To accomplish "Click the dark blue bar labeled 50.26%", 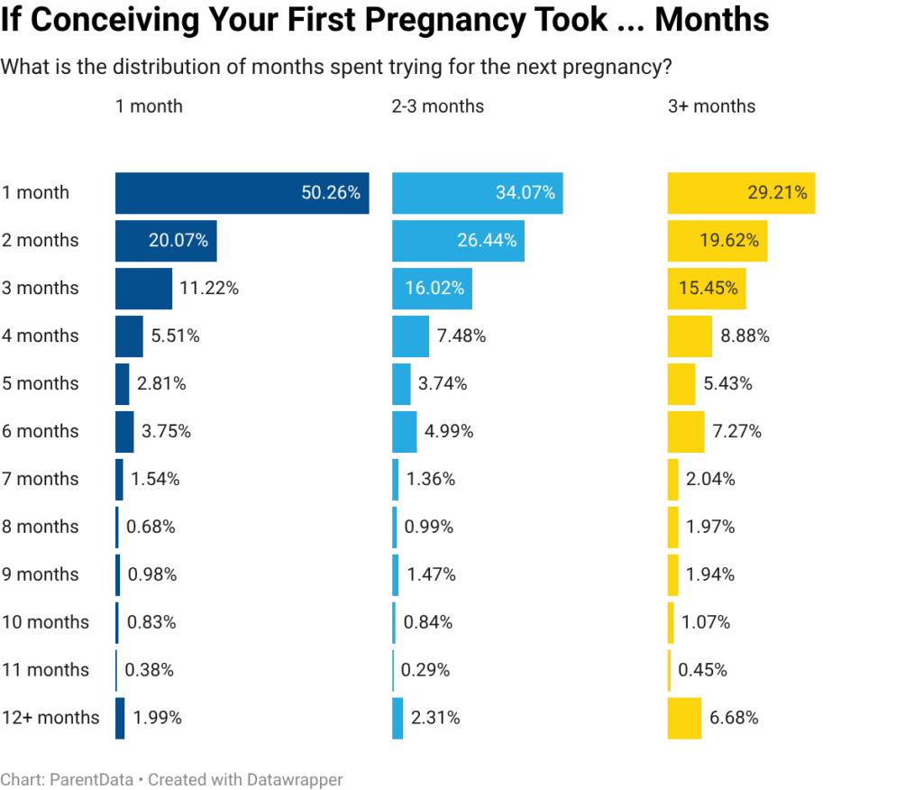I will tap(242, 193).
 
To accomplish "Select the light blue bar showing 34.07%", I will tap(478, 193).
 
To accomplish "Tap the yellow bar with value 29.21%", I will tap(741, 193).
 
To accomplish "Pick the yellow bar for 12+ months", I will tap(684, 718).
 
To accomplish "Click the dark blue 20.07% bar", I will tap(166, 241).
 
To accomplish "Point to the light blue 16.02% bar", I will tap(433, 289).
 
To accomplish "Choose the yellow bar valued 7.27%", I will tap(686, 431).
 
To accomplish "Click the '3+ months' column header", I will tap(711, 106).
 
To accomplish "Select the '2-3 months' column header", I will tap(437, 106).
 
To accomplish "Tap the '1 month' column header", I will tap(149, 106).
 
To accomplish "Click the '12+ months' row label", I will tap(50, 718).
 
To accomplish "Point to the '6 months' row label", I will tap(41, 431).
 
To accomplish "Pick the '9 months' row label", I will tap(41, 574).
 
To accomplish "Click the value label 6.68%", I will tap(734, 718).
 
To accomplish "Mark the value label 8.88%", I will tap(745, 336).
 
